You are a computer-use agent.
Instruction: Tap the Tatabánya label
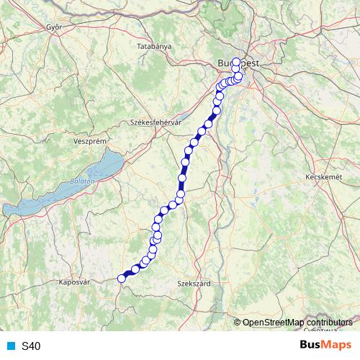tap(154, 46)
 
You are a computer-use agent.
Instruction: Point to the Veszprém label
tap(90, 142)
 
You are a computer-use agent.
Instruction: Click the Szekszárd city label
tap(194, 284)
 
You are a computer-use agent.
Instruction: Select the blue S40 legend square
tap(10, 346)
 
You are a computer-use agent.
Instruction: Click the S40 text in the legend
tap(31, 346)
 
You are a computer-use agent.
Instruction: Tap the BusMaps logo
tap(325, 345)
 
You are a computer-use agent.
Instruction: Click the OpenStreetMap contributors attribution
tap(293, 323)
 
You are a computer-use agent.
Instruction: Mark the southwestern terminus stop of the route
tap(122, 279)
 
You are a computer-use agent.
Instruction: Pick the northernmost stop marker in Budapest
tap(236, 60)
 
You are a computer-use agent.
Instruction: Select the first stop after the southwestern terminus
tap(135, 269)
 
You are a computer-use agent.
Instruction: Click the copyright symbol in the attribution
tap(238, 323)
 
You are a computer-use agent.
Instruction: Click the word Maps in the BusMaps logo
tap(337, 345)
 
